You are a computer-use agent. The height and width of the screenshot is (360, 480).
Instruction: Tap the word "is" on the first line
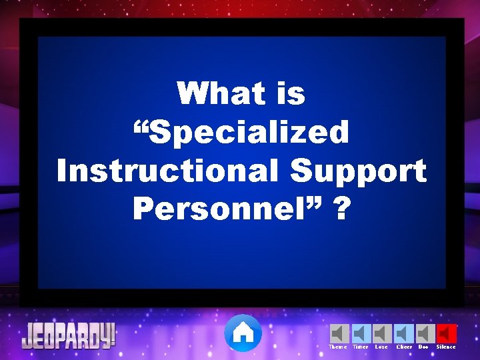point(289,93)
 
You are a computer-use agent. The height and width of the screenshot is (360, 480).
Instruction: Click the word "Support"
point(358,171)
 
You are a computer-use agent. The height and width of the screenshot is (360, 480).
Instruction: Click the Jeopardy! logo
point(68,335)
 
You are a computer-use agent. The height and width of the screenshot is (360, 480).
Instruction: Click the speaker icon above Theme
point(339,333)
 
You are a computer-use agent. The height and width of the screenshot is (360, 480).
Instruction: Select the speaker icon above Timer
point(361,333)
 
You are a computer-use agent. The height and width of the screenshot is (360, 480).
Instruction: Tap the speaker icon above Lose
point(382,333)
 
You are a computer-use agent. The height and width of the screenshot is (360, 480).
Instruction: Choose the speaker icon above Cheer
point(404,333)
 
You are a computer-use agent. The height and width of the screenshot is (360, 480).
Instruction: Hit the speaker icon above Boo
point(425,333)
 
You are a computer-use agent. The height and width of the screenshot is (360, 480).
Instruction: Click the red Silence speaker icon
point(446,333)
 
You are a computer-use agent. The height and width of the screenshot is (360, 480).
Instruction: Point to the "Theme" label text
point(338,347)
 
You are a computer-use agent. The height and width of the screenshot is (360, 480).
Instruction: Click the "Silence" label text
point(446,347)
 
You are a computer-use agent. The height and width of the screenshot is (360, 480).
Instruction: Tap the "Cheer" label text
point(404,347)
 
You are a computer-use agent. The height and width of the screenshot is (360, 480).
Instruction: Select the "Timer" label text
point(360,347)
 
